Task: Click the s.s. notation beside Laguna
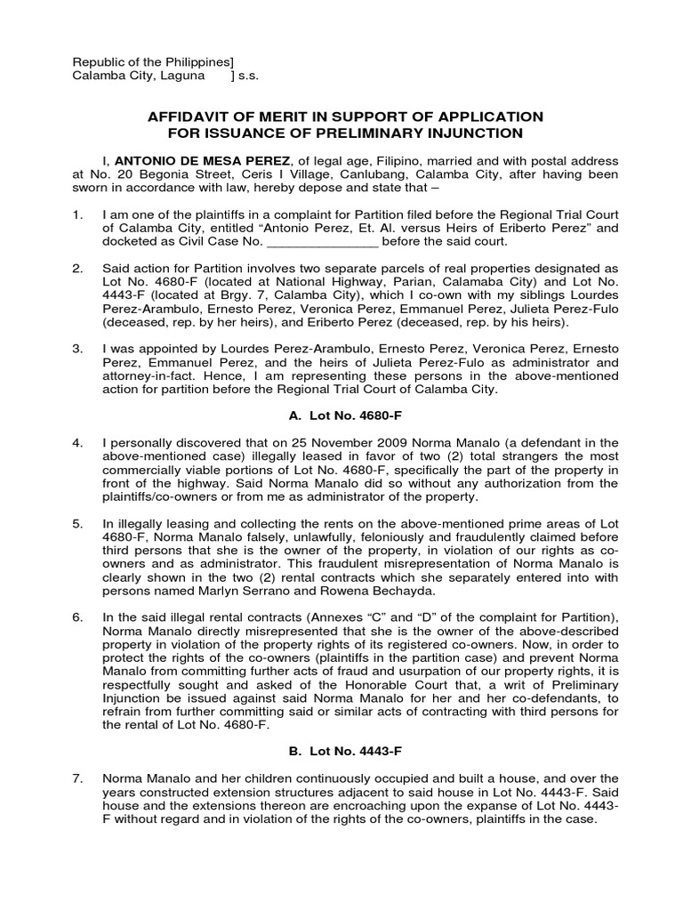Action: (x=250, y=77)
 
